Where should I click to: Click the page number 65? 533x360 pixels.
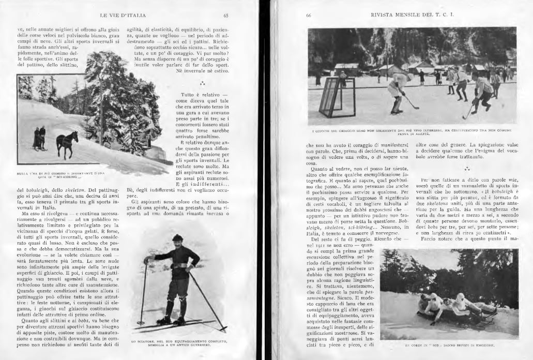[x=226, y=15]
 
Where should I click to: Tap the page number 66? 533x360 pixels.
[x=308, y=15]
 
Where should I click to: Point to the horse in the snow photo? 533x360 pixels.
[x=67, y=144]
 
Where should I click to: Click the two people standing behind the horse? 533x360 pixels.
[x=39, y=139]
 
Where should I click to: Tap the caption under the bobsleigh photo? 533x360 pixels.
[x=449, y=343]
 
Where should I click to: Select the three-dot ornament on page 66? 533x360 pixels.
[x=467, y=169]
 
